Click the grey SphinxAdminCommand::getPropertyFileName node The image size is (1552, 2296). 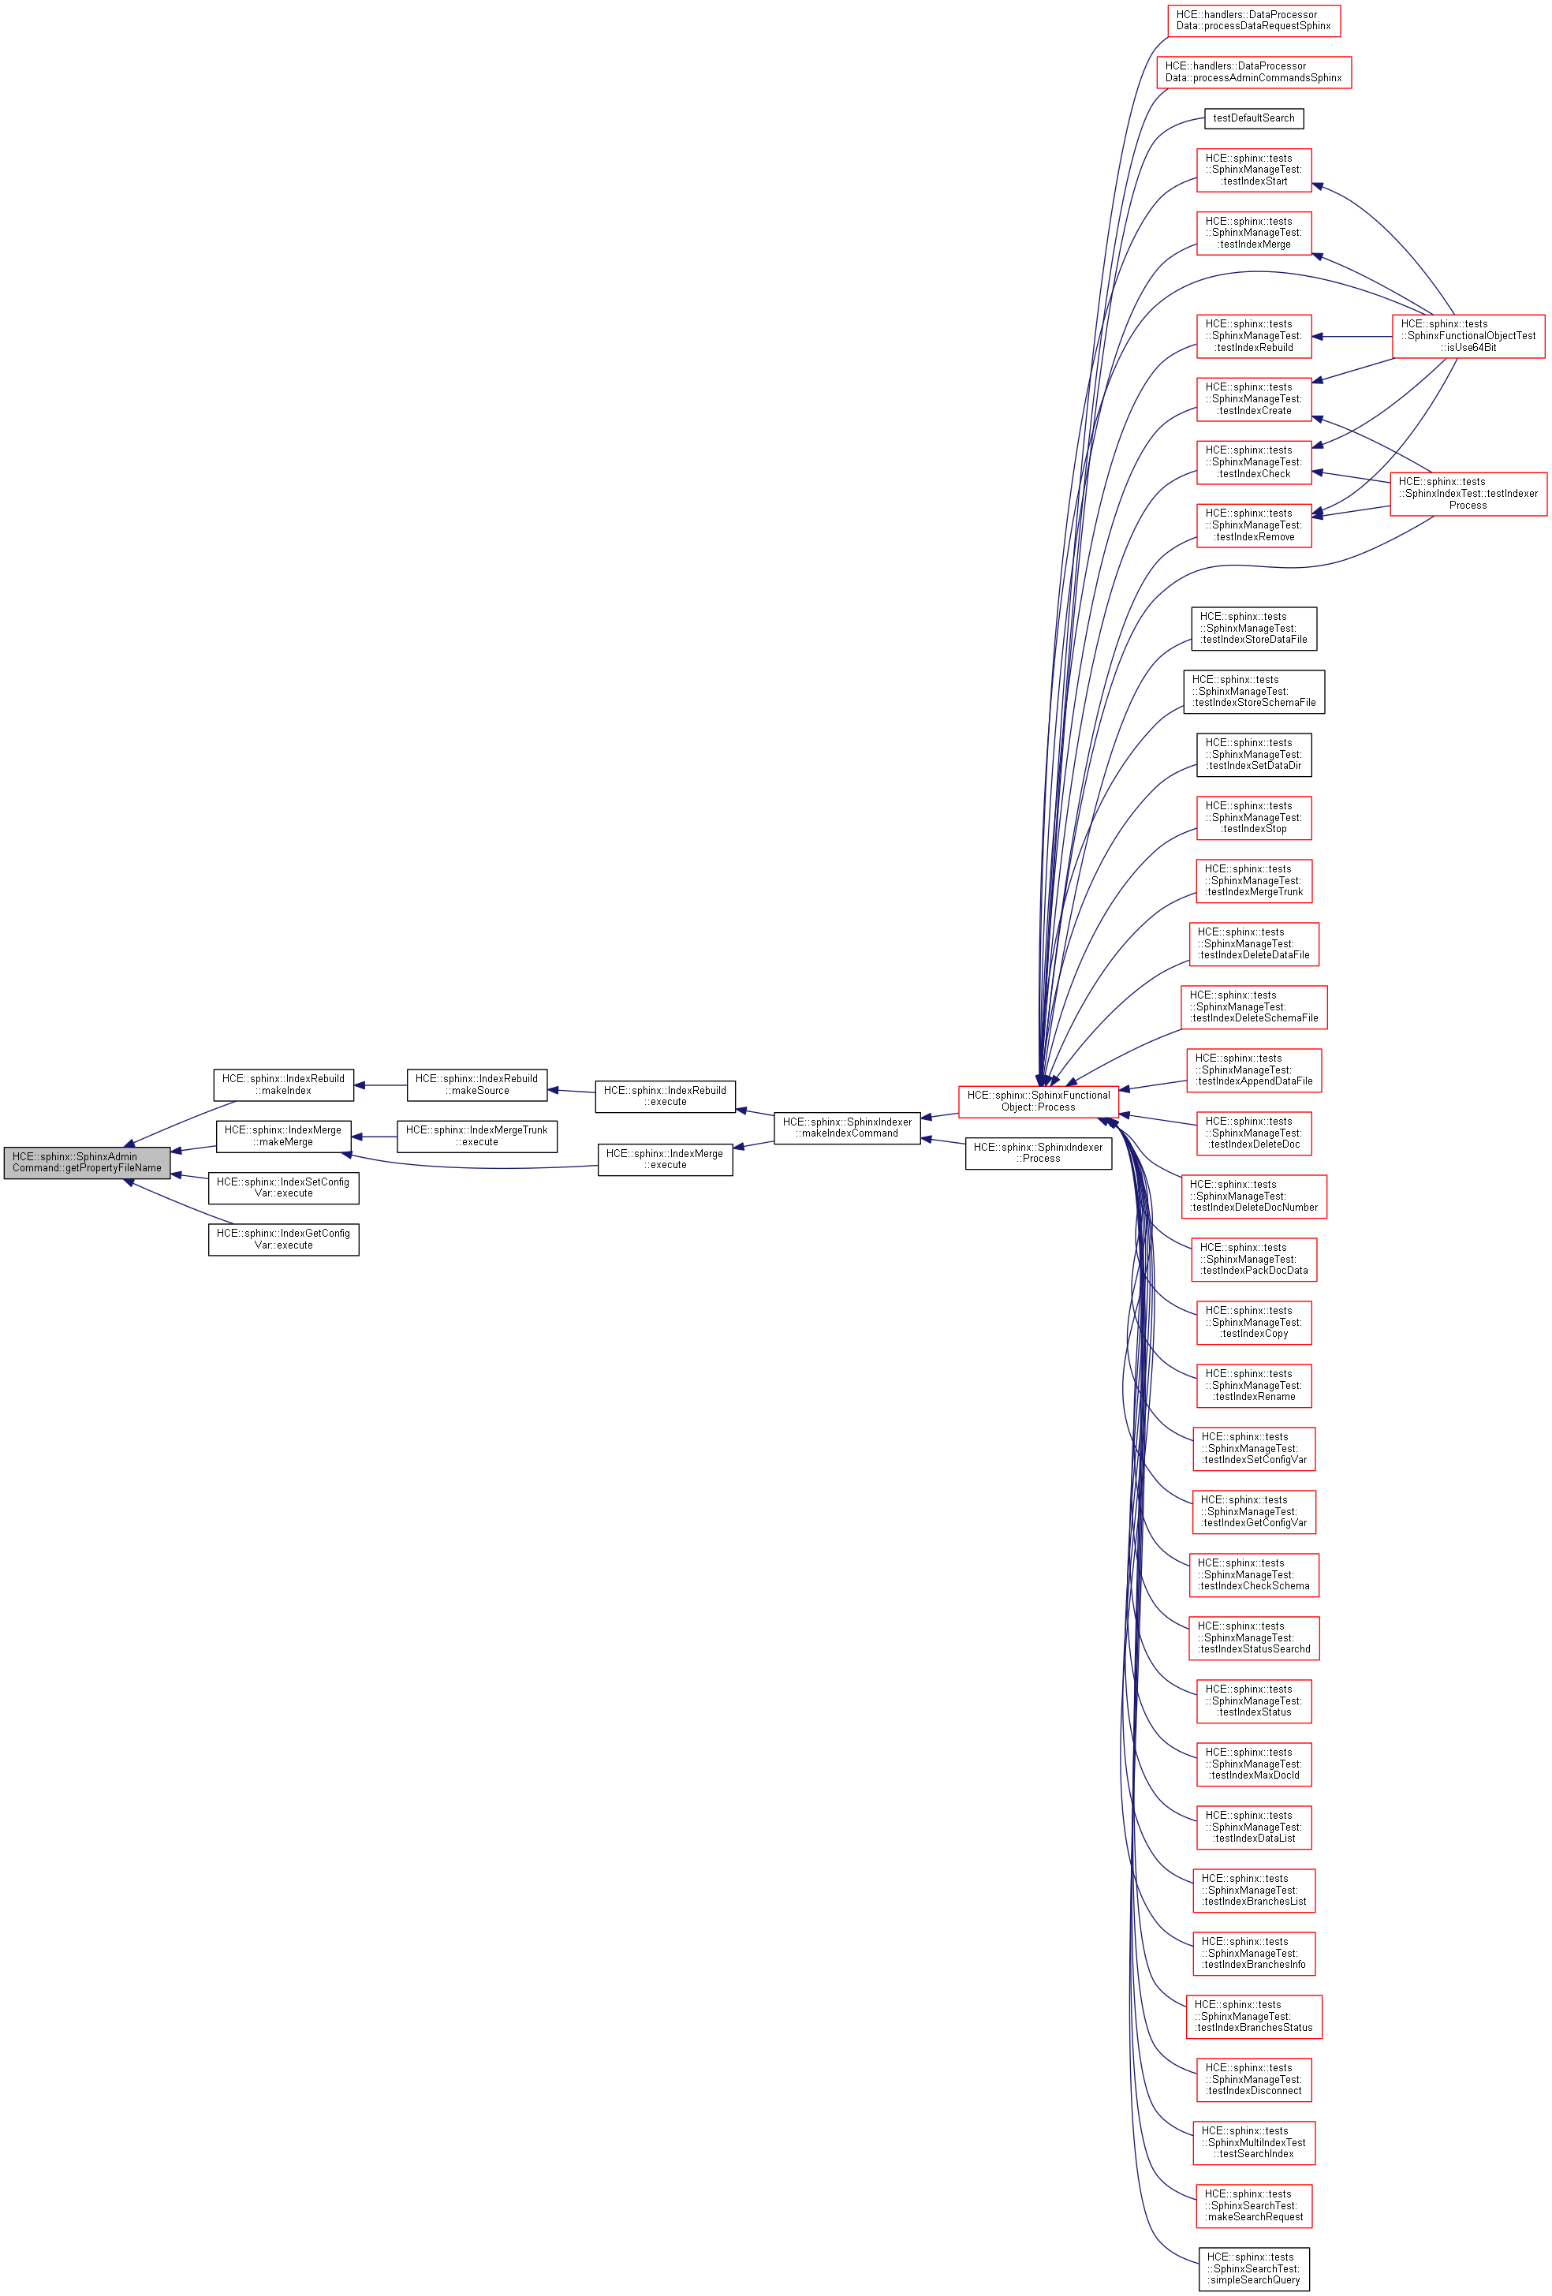click(87, 1162)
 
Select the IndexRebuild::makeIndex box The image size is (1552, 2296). click(284, 1085)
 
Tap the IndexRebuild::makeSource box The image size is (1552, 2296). click(476, 1085)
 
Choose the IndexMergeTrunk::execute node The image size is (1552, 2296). click(476, 1136)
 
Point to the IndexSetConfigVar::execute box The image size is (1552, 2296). click(284, 1188)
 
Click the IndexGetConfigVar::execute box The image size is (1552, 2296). click(284, 1239)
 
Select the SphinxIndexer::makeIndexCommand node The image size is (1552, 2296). click(847, 1127)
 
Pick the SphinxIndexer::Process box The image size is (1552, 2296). click(1039, 1153)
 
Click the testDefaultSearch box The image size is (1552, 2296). click(1254, 118)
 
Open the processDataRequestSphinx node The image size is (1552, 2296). click(1254, 21)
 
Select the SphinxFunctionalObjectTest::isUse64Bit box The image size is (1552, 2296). click(1468, 336)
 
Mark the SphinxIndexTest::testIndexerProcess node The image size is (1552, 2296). click(1468, 494)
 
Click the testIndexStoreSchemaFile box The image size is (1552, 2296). click(1254, 692)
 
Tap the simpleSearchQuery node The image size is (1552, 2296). click(1254, 2268)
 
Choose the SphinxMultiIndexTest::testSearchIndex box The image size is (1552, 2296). click(1254, 2143)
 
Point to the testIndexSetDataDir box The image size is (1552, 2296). click(1254, 755)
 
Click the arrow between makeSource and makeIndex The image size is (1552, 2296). click(380, 1085)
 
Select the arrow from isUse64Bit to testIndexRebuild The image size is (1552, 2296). click(1352, 336)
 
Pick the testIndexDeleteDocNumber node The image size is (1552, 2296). click(1254, 1197)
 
